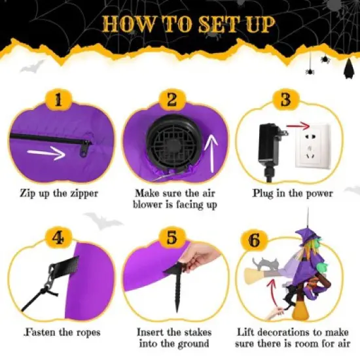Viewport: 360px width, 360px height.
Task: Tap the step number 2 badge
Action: click(x=172, y=100)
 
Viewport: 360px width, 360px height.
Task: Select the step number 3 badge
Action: click(x=285, y=100)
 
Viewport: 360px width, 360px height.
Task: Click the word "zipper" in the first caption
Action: click(x=82, y=194)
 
